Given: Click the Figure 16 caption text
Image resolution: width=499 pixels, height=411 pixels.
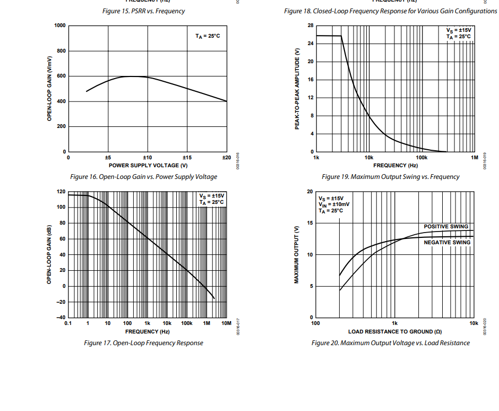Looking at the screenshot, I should point(143,177).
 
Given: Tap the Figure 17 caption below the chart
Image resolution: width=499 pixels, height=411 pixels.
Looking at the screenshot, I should point(143,343).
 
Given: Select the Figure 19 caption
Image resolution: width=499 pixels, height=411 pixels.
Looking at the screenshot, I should point(390,177).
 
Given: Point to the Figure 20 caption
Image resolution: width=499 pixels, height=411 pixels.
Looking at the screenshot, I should point(390,343).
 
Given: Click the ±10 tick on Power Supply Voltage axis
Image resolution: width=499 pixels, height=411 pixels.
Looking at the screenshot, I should point(147,158).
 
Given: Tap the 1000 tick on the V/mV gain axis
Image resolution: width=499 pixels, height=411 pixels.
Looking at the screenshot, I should point(60,25).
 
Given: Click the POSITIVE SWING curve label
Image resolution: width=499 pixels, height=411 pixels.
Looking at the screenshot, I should point(446,227).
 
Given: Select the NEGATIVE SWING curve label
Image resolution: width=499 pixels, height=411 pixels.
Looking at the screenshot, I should point(446,243).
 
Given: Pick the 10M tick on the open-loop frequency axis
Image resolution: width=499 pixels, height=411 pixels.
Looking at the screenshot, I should point(226,323).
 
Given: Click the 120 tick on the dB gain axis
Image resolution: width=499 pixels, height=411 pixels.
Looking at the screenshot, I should point(61,192).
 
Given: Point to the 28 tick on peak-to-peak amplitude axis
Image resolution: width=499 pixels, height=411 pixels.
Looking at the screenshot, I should point(310,25).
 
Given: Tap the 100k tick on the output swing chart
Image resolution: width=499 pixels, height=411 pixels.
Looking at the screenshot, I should point(421,158).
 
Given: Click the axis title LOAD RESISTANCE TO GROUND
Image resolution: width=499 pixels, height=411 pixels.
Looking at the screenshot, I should point(394,331).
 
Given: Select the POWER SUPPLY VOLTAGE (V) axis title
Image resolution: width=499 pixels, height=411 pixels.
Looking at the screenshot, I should point(148,165).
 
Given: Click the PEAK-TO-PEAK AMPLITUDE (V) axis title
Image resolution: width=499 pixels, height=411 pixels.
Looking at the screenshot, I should point(298,88).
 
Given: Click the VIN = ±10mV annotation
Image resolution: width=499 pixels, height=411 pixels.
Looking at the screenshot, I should point(334,204).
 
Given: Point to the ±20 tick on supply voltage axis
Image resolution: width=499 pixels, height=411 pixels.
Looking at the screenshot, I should point(226,158).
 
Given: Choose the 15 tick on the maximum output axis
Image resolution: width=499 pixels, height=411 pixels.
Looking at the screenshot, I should point(310,223).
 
